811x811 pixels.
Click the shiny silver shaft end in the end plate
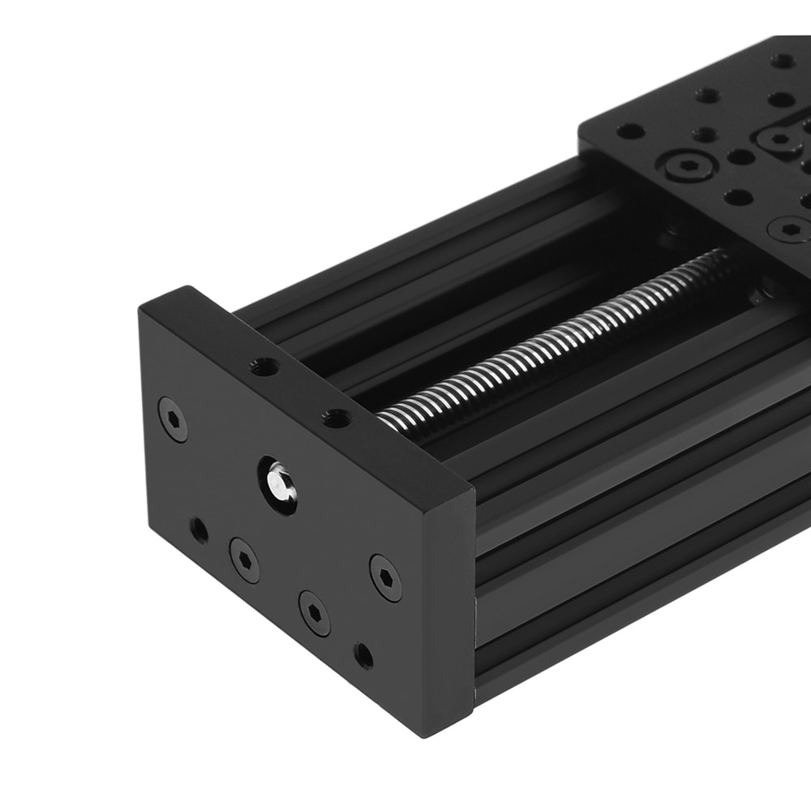(278, 483)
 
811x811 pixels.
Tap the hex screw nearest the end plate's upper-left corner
(172, 418)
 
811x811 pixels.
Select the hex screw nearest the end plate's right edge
(385, 577)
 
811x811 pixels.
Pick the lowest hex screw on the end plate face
(314, 612)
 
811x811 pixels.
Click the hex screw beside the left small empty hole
(244, 560)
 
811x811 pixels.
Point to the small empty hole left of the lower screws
(199, 531)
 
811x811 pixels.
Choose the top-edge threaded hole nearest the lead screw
(336, 419)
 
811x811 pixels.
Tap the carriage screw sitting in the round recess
(686, 166)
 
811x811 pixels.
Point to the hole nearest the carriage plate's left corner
(630, 131)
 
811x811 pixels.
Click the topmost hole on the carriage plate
(782, 61)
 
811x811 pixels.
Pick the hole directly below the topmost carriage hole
(780, 100)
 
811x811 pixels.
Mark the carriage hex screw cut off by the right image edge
(790, 230)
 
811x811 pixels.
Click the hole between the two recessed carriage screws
(740, 157)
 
